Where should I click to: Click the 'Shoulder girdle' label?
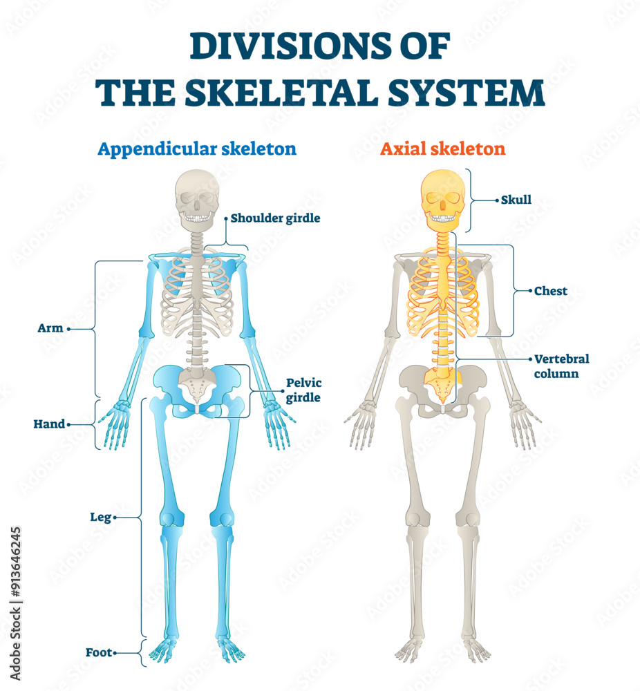(x=275, y=218)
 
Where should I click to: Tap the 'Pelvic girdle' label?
(x=304, y=390)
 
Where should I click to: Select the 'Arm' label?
(x=50, y=328)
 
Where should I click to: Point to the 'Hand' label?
(x=49, y=424)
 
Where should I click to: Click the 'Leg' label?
(x=100, y=516)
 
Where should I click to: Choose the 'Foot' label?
(x=99, y=652)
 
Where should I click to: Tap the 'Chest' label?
(x=551, y=291)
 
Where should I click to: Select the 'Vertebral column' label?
(x=562, y=366)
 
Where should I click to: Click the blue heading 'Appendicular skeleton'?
(x=197, y=149)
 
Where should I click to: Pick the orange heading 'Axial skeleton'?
(x=442, y=149)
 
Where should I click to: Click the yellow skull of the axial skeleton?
(x=443, y=197)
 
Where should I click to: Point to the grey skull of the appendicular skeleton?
(x=198, y=197)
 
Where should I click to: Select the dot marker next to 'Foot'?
(x=115, y=652)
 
